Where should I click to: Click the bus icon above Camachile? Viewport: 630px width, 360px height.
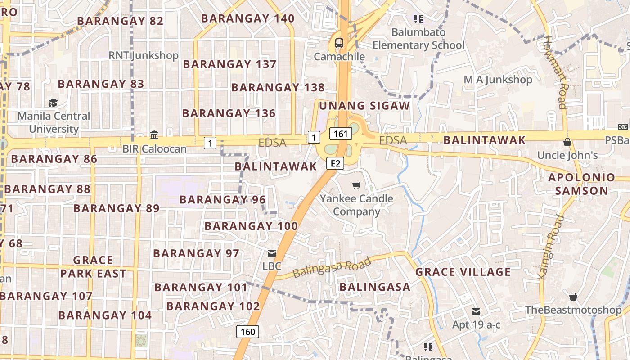[339, 44]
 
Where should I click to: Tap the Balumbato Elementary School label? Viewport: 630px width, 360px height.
[418, 39]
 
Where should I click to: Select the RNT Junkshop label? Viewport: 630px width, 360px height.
[144, 55]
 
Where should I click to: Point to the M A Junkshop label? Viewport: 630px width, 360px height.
[498, 80]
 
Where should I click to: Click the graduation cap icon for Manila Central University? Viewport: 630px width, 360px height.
[53, 103]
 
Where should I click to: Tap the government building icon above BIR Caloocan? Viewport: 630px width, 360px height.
[154, 135]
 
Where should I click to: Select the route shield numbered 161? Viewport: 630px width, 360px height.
[340, 134]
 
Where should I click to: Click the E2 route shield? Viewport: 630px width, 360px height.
[335, 163]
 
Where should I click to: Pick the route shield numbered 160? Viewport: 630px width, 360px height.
[247, 332]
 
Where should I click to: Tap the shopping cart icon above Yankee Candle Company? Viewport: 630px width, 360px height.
[356, 185]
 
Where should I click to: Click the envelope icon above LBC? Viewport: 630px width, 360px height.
[272, 253]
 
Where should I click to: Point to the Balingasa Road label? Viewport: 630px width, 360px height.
[332, 267]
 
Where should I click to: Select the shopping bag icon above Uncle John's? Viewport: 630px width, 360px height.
[567, 143]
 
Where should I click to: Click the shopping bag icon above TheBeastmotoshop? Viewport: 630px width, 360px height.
[573, 297]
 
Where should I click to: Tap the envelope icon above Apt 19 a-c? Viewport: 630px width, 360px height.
[476, 312]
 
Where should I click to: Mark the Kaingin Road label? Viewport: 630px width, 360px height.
[552, 247]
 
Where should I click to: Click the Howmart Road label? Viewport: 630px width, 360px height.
[556, 72]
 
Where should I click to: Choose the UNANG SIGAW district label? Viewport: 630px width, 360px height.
[364, 106]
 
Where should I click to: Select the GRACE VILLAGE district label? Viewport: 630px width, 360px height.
[463, 272]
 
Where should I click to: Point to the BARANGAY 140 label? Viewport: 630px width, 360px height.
[247, 18]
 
